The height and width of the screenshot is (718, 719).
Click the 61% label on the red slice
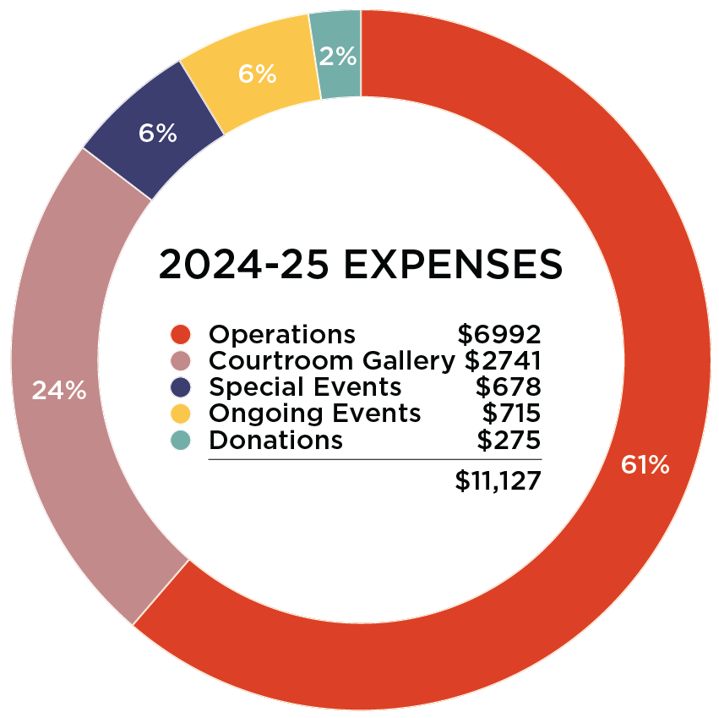[x=645, y=464]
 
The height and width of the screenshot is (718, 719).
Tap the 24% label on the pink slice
[x=59, y=391]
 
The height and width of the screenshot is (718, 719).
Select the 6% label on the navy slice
[x=158, y=133]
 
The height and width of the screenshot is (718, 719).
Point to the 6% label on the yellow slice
[x=257, y=74]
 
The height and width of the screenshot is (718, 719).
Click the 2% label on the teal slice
[x=338, y=57]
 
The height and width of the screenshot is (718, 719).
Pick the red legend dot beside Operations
[x=181, y=334]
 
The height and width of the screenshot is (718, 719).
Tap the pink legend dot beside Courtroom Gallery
[x=181, y=361]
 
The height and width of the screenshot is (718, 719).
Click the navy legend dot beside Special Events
[x=181, y=387]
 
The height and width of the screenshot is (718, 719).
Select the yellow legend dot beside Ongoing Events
[x=181, y=414]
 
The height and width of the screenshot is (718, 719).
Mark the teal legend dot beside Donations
[x=181, y=440]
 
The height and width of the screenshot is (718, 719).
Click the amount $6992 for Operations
[x=498, y=334]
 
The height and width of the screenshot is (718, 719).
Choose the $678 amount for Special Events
[x=507, y=387]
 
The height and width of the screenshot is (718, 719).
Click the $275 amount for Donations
[x=509, y=440]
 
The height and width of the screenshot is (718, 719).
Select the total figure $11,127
[x=497, y=480]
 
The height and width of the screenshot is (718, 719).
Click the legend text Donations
[x=275, y=440]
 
